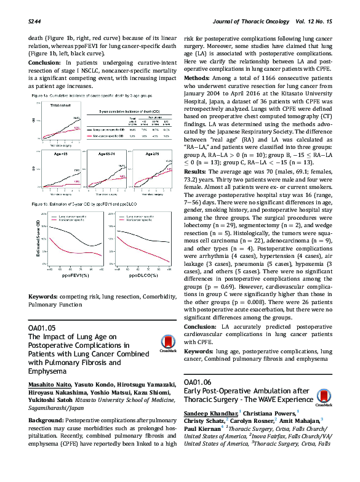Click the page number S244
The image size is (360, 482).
pos(35,21)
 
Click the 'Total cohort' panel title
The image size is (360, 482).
pos(60,105)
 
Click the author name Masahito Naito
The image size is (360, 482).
pos(51,384)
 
